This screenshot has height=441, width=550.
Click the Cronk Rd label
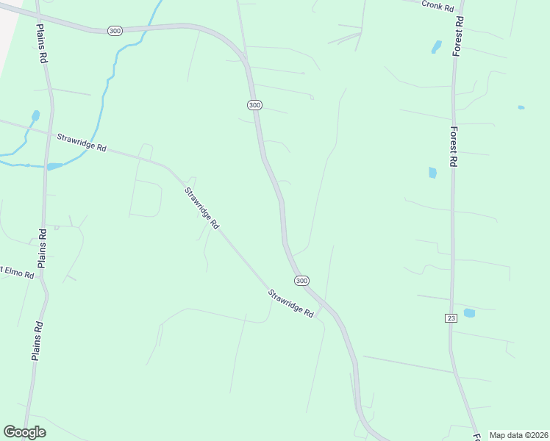click(438, 4)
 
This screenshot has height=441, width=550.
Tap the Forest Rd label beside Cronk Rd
click(459, 35)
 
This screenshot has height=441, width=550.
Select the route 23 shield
click(451, 318)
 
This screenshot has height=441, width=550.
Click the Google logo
click(24, 431)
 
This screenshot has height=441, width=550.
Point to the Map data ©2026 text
click(519, 435)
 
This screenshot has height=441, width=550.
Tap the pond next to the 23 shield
click(469, 313)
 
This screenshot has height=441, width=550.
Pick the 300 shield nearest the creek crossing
click(114, 30)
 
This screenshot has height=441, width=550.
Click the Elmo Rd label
click(16, 273)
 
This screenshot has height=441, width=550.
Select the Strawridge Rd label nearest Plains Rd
click(82, 142)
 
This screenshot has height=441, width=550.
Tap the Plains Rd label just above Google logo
click(36, 340)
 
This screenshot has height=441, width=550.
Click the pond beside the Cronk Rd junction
click(436, 47)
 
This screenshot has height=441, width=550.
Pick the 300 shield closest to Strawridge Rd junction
click(301, 281)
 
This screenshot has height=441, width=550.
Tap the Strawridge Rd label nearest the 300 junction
click(290, 303)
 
